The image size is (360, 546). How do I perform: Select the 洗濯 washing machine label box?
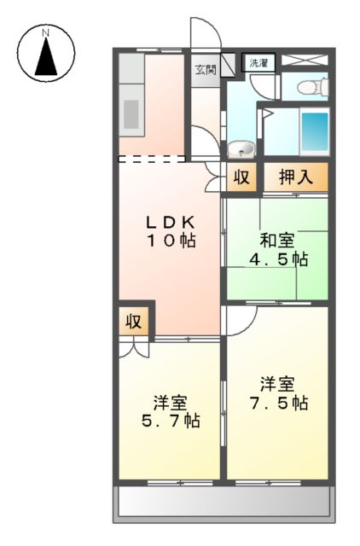(258, 62)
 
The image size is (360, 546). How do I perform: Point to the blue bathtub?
(315, 131)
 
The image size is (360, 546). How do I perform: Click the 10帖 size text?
(169, 241)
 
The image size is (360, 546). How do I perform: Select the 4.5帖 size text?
(276, 259)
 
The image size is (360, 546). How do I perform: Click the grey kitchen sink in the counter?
(132, 113)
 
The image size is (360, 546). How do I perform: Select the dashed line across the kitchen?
(151, 158)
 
